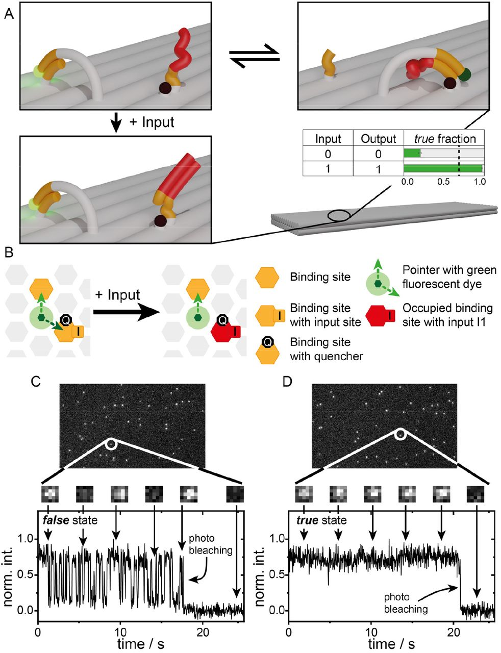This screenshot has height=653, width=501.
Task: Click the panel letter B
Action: pos(8,252)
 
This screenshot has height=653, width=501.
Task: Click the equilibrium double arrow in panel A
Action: pos(254,55)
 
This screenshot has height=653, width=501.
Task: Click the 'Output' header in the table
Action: pos(378,139)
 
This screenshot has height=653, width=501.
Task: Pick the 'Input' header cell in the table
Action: pos(328,139)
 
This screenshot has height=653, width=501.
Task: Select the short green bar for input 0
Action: pos(412,153)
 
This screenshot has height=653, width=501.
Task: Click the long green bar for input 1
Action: pos(442,168)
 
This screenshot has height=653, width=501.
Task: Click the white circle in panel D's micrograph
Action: pos(400,434)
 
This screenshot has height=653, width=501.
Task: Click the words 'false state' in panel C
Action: pos(69,521)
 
